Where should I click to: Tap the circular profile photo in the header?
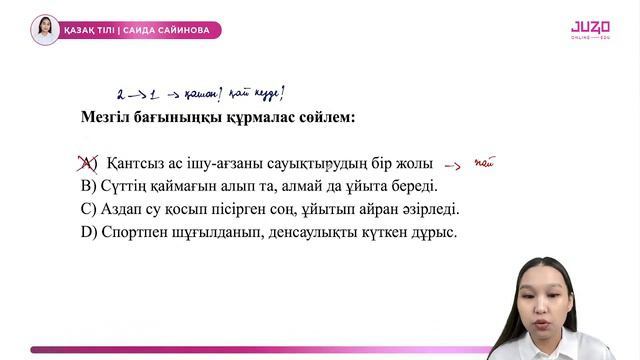(x=44, y=30)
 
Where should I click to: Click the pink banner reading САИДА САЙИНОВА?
(x=140, y=30)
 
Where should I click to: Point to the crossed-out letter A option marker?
(x=88, y=163)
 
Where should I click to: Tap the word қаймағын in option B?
(x=189, y=186)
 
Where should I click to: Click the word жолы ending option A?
(x=412, y=163)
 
